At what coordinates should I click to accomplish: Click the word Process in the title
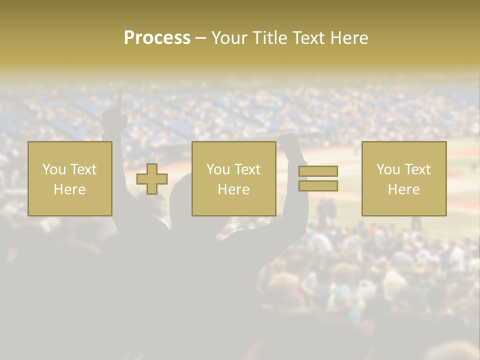click(x=157, y=38)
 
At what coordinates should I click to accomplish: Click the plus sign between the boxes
click(x=152, y=179)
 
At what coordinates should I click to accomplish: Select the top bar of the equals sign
click(x=318, y=171)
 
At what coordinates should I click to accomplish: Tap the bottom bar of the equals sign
click(x=318, y=185)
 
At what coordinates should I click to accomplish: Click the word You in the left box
click(x=52, y=169)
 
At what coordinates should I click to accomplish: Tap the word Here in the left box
click(x=69, y=189)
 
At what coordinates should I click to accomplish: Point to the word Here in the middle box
click(x=233, y=189)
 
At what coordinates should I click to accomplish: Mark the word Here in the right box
click(x=403, y=189)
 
